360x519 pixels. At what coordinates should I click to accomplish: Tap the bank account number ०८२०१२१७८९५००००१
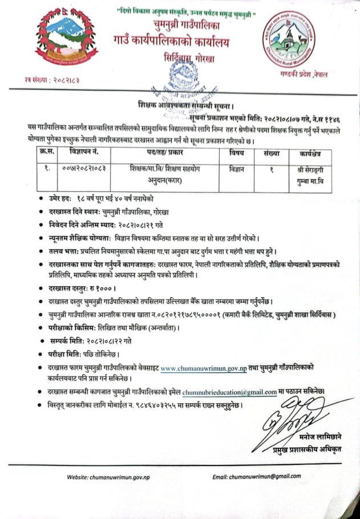click(177, 315)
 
